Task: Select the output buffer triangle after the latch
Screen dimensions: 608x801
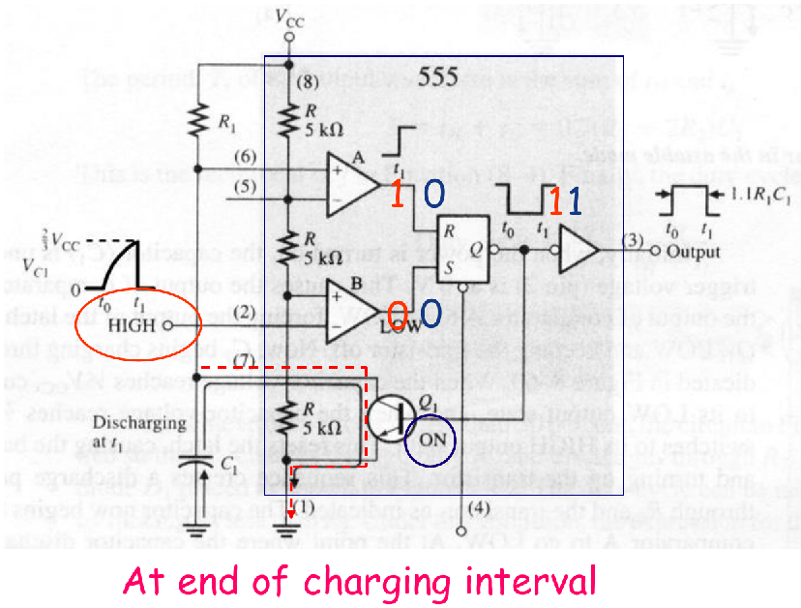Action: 578,252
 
